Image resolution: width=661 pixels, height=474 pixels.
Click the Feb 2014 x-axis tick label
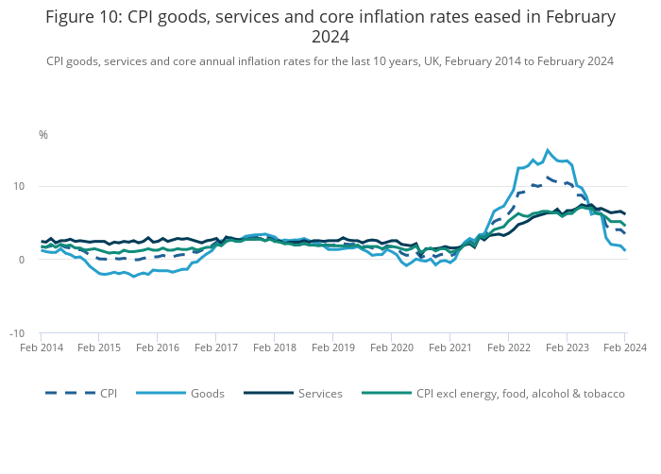42,348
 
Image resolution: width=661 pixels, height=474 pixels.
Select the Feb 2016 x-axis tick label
158,348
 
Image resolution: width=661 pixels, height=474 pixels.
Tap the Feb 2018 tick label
275,348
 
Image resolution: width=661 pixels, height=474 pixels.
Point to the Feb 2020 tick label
391,348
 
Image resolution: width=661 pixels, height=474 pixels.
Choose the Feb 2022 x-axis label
508,348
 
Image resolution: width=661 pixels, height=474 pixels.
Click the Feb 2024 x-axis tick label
624,348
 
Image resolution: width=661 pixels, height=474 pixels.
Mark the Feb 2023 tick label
567,348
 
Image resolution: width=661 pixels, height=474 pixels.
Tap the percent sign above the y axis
42,135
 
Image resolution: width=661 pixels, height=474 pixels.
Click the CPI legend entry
108,394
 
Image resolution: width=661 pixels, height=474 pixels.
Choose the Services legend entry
318,394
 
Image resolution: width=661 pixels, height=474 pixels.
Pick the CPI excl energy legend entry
520,394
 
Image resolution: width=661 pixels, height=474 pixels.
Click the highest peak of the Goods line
548,150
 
